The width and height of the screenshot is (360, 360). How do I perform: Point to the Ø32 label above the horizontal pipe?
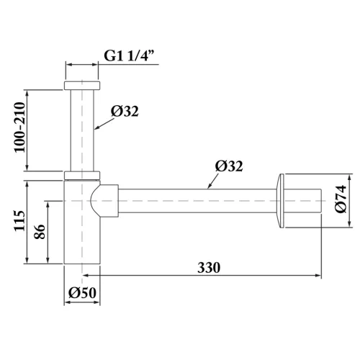pos(229,166)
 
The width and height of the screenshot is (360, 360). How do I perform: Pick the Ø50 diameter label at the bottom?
pos(83,293)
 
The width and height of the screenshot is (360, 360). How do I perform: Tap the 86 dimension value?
pos(40,233)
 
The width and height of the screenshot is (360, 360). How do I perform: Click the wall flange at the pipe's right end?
pos(282,201)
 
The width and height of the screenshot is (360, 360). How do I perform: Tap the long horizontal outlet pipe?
pos(194,201)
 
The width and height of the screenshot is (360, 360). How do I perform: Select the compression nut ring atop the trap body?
pos(82,175)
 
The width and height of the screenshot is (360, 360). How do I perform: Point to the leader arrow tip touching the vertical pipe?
pos(96,130)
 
